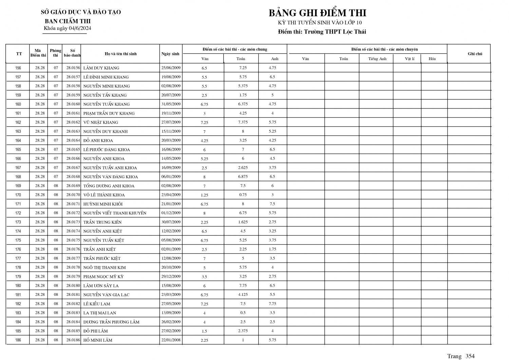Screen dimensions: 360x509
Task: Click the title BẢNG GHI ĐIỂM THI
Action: pos(317,13)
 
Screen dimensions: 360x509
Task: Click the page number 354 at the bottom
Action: pos(470,356)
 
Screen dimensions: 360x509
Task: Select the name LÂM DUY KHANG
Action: pos(101,68)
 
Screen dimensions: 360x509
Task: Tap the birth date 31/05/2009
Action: pos(171,104)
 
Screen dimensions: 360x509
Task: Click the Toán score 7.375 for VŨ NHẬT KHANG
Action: pos(243,122)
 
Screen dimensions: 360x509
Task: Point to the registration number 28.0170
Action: pos(73,195)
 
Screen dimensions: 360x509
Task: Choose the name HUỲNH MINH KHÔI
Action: pos(103,204)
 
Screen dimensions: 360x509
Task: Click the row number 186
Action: pos(18,340)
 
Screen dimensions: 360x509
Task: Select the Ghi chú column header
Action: pos(475,54)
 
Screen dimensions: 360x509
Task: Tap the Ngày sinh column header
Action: pos(170,54)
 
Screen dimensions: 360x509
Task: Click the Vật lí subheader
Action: pos(410,59)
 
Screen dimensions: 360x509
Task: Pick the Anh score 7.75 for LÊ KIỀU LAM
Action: pos(272,304)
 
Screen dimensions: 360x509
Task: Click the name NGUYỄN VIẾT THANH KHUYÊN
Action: pos(115,213)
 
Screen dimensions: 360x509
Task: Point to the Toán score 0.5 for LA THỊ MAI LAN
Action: pos(243,312)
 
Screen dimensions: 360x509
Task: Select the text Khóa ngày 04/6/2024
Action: pos(68,29)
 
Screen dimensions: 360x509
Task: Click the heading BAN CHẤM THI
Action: pos(68,21)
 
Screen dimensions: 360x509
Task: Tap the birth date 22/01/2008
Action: pos(171,340)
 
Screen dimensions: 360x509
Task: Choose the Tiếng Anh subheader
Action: pos(377,59)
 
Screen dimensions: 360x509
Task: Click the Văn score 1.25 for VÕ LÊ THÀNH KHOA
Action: pos(204,195)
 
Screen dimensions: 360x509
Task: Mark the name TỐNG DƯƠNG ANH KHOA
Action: pos(109,186)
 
